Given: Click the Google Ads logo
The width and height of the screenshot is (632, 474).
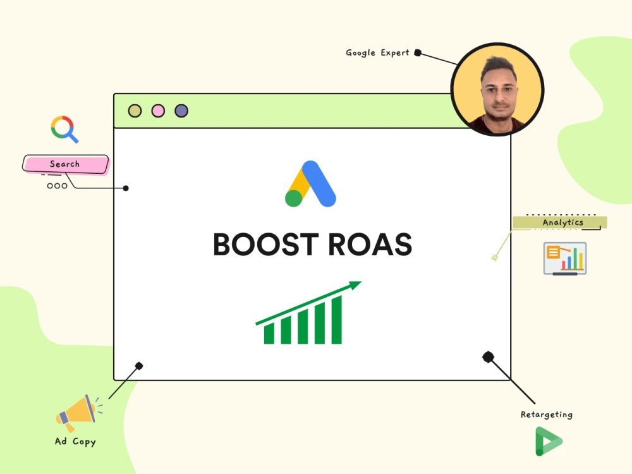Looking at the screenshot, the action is (310, 184).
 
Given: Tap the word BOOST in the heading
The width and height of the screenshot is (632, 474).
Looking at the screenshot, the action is (266, 244).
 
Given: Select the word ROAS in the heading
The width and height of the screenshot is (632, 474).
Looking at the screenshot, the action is (370, 244).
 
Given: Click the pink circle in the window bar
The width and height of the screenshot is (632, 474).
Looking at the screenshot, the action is (158, 111).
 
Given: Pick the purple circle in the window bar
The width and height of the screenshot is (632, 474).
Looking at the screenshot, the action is (181, 111).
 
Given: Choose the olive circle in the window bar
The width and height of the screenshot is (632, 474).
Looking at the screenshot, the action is (135, 111).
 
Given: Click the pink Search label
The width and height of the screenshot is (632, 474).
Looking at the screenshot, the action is (65, 164).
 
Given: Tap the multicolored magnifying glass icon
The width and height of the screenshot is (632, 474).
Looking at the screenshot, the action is (64, 129).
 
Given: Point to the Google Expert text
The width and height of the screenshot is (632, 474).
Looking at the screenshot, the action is (377, 53).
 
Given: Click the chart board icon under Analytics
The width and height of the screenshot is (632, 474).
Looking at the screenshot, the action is (564, 258).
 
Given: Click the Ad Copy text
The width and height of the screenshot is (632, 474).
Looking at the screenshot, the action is (75, 442).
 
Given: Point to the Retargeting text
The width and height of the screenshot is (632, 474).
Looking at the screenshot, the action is (547, 415).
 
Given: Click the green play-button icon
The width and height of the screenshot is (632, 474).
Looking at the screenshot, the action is (548, 441).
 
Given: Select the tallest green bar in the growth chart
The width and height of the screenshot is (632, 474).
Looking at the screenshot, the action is (337, 320).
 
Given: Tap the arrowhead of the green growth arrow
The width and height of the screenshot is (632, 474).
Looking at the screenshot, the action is (355, 285).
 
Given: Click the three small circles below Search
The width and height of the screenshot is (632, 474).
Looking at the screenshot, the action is (58, 186).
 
